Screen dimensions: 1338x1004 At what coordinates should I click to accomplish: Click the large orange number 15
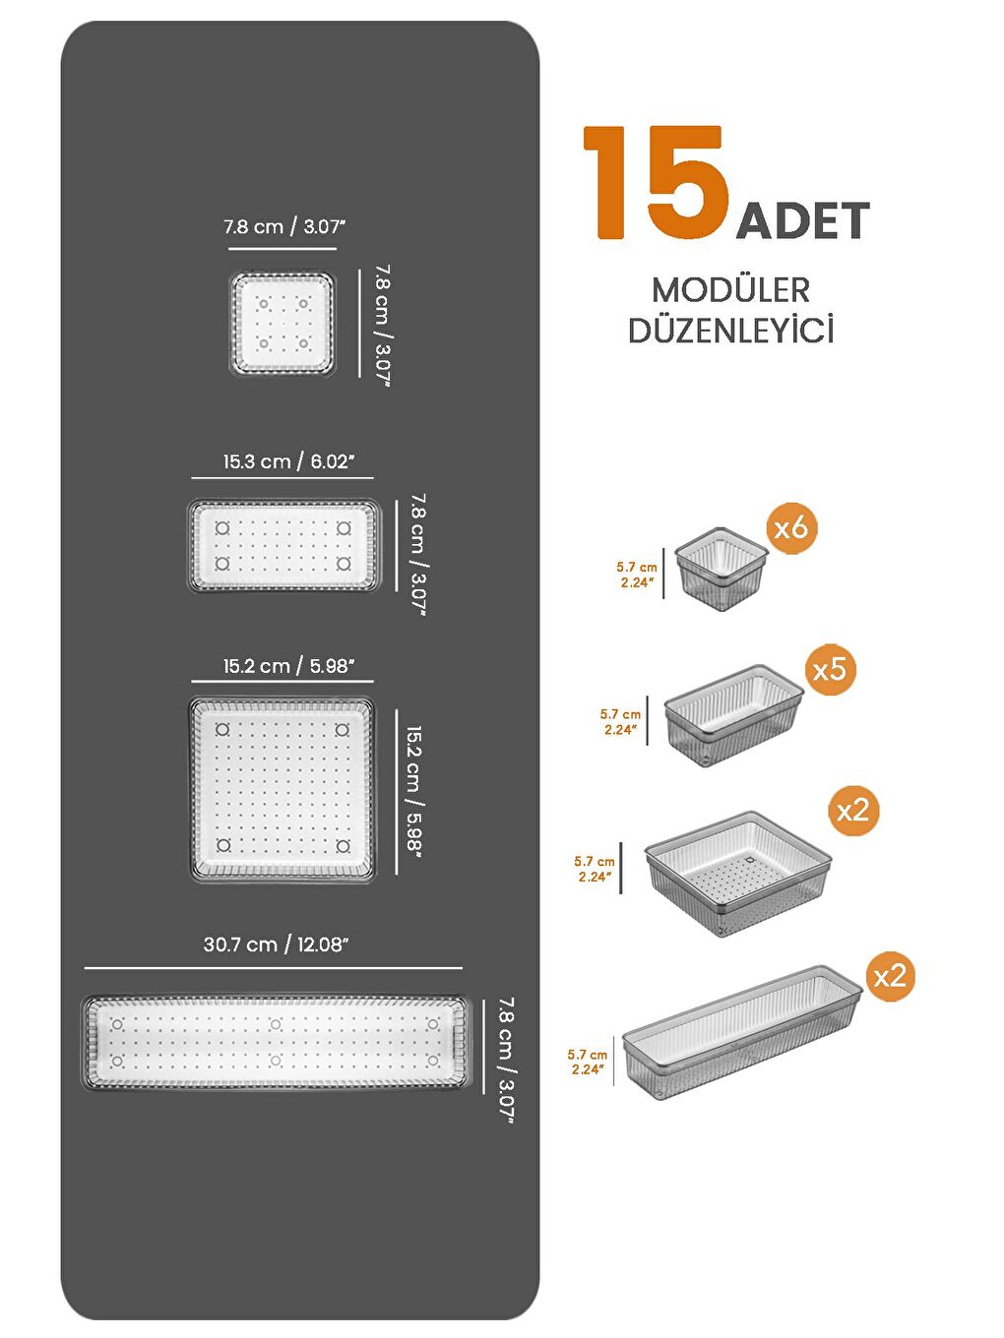(655, 183)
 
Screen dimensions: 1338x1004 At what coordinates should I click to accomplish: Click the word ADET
(802, 221)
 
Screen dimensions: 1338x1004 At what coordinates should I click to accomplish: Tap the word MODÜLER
(730, 290)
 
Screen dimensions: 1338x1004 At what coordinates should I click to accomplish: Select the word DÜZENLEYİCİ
(730, 331)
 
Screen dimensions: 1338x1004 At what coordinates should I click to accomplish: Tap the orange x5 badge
(830, 669)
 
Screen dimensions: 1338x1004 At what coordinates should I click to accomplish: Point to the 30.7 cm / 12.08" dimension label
(276, 944)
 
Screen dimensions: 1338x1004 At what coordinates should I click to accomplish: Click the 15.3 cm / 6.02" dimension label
(287, 461)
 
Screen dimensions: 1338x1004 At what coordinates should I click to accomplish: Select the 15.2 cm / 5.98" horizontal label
(287, 666)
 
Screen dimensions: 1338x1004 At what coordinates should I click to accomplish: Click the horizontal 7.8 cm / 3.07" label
(283, 226)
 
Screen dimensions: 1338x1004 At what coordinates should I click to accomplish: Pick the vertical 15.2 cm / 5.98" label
(413, 792)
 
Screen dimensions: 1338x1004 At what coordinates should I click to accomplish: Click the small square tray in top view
(282, 324)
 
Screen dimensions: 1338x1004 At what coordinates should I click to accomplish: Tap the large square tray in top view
(282, 789)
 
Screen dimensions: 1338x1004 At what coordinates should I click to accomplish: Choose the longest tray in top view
(276, 1043)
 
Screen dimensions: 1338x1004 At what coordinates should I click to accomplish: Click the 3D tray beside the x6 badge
(721, 569)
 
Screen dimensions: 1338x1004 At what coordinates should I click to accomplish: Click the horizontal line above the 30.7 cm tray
(273, 968)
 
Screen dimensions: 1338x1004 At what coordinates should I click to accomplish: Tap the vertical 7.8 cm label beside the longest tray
(506, 1060)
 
